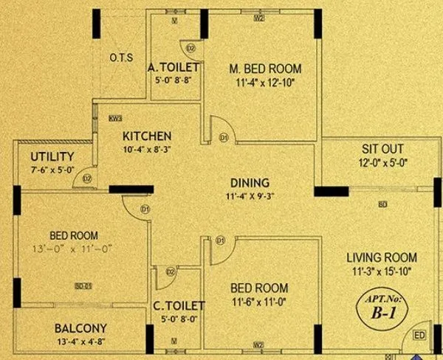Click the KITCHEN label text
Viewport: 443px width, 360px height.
click(147, 136)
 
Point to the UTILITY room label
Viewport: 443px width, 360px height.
click(52, 156)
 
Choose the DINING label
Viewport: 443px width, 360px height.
click(250, 183)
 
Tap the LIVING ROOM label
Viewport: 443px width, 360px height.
click(382, 257)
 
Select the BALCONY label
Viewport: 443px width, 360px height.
click(80, 328)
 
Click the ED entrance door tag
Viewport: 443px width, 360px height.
click(419, 336)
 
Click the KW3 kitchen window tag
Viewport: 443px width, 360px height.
click(114, 118)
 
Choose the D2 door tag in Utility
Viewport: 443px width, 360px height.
click(86, 179)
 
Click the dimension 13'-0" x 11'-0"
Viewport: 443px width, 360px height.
click(71, 249)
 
